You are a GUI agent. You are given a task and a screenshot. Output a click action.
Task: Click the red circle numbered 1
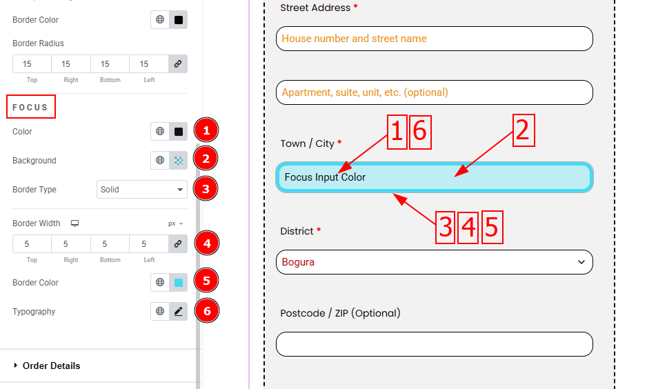pyautogui.click(x=206, y=131)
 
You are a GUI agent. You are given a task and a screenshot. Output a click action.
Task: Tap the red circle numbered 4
pyautogui.click(x=207, y=243)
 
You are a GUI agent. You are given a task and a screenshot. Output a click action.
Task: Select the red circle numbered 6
pyautogui.click(x=207, y=310)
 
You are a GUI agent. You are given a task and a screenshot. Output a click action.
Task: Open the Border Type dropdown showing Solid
pyautogui.click(x=142, y=190)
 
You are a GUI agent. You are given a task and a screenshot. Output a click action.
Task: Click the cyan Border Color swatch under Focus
pyautogui.click(x=178, y=283)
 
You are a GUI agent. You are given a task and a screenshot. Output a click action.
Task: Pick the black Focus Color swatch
pyautogui.click(x=178, y=132)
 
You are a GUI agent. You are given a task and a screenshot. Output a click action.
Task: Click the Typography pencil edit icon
pyautogui.click(x=178, y=312)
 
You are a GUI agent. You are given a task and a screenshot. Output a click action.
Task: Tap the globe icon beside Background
pyautogui.click(x=160, y=161)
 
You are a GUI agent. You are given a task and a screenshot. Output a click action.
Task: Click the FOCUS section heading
pyautogui.click(x=30, y=108)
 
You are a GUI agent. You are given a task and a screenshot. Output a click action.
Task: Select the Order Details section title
pyautogui.click(x=51, y=366)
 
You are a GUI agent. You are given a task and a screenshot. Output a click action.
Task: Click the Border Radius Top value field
pyautogui.click(x=32, y=64)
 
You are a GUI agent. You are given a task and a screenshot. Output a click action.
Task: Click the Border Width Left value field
pyautogui.click(x=148, y=243)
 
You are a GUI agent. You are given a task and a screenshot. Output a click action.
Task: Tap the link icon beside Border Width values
pyautogui.click(x=178, y=243)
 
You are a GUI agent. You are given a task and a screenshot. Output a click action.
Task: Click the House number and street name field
pyautogui.click(x=435, y=39)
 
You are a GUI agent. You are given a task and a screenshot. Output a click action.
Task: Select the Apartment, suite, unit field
pyautogui.click(x=435, y=92)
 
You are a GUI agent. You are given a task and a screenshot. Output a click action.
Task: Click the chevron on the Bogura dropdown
pyautogui.click(x=581, y=262)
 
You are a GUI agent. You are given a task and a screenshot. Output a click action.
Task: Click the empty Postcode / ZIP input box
pyautogui.click(x=435, y=344)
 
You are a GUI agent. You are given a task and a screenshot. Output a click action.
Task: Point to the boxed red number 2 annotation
pyautogui.click(x=524, y=130)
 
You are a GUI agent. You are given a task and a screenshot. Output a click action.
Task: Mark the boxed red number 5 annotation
pyautogui.click(x=492, y=228)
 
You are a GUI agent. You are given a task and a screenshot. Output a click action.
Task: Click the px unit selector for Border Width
pyautogui.click(x=175, y=223)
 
